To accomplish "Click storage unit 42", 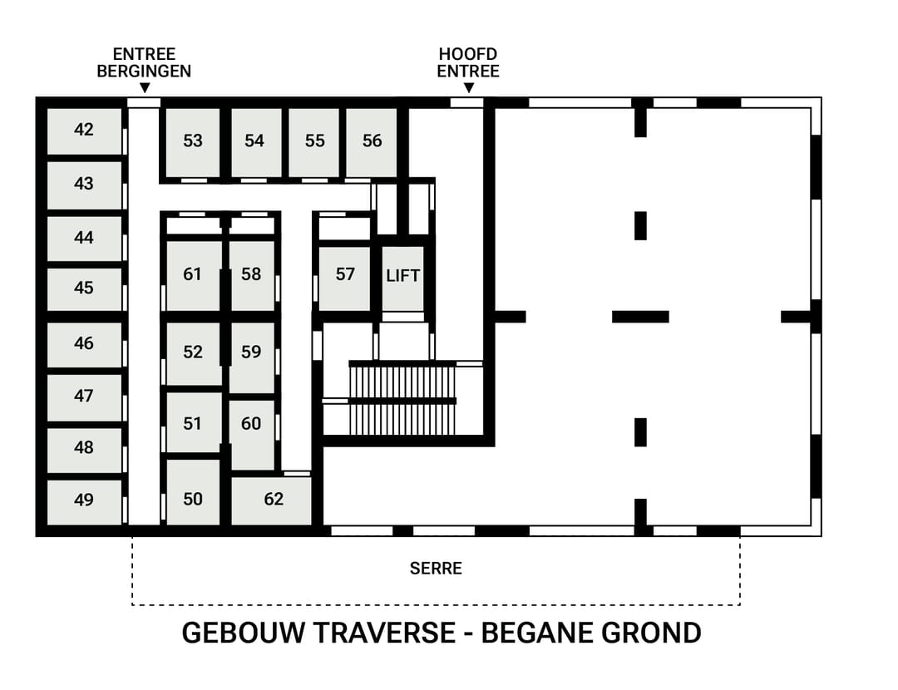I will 84,131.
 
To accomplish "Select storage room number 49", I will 84,500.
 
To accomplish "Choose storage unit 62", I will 273,500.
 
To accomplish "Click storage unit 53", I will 193,141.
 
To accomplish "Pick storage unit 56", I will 372,141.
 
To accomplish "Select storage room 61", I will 193,274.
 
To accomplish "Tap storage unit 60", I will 251,424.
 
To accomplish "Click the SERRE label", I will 436,569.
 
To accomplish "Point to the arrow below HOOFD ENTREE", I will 468,88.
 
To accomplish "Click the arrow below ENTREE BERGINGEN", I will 144,88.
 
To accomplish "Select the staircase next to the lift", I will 402,399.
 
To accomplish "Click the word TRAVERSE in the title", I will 385,633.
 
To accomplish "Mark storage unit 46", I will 84,343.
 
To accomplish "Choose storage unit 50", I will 193,499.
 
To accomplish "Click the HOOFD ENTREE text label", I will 468,63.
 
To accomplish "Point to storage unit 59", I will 251,352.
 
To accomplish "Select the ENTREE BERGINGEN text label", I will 144,63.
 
